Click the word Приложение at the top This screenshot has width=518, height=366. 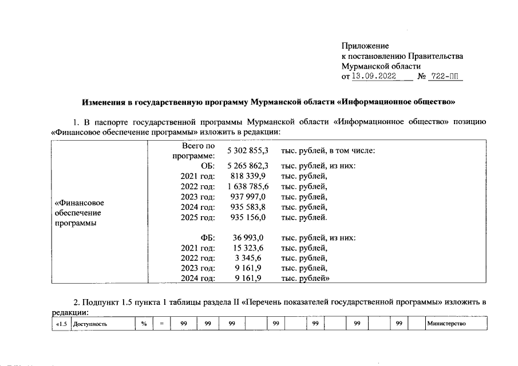(365, 46)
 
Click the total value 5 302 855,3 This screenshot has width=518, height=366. (248, 150)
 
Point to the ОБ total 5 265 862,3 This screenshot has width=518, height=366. (248, 166)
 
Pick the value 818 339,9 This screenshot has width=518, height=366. (248, 176)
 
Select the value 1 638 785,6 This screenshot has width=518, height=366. (248, 186)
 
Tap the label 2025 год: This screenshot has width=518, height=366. (197, 217)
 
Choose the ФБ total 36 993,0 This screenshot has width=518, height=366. (248, 237)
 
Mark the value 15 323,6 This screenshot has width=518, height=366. (248, 248)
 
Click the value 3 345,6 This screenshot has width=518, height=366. (248, 258)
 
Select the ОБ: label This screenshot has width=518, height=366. (207, 166)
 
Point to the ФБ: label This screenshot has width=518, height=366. (207, 237)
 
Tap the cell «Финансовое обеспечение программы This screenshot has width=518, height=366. (78, 213)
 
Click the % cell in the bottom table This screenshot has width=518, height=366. (144, 324)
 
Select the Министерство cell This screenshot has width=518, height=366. (447, 324)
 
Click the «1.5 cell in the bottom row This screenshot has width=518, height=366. (60, 324)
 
